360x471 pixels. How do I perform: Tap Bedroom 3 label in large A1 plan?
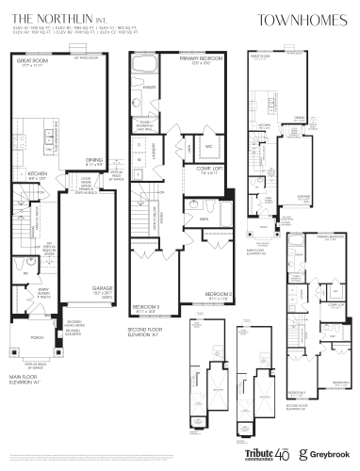145,308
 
